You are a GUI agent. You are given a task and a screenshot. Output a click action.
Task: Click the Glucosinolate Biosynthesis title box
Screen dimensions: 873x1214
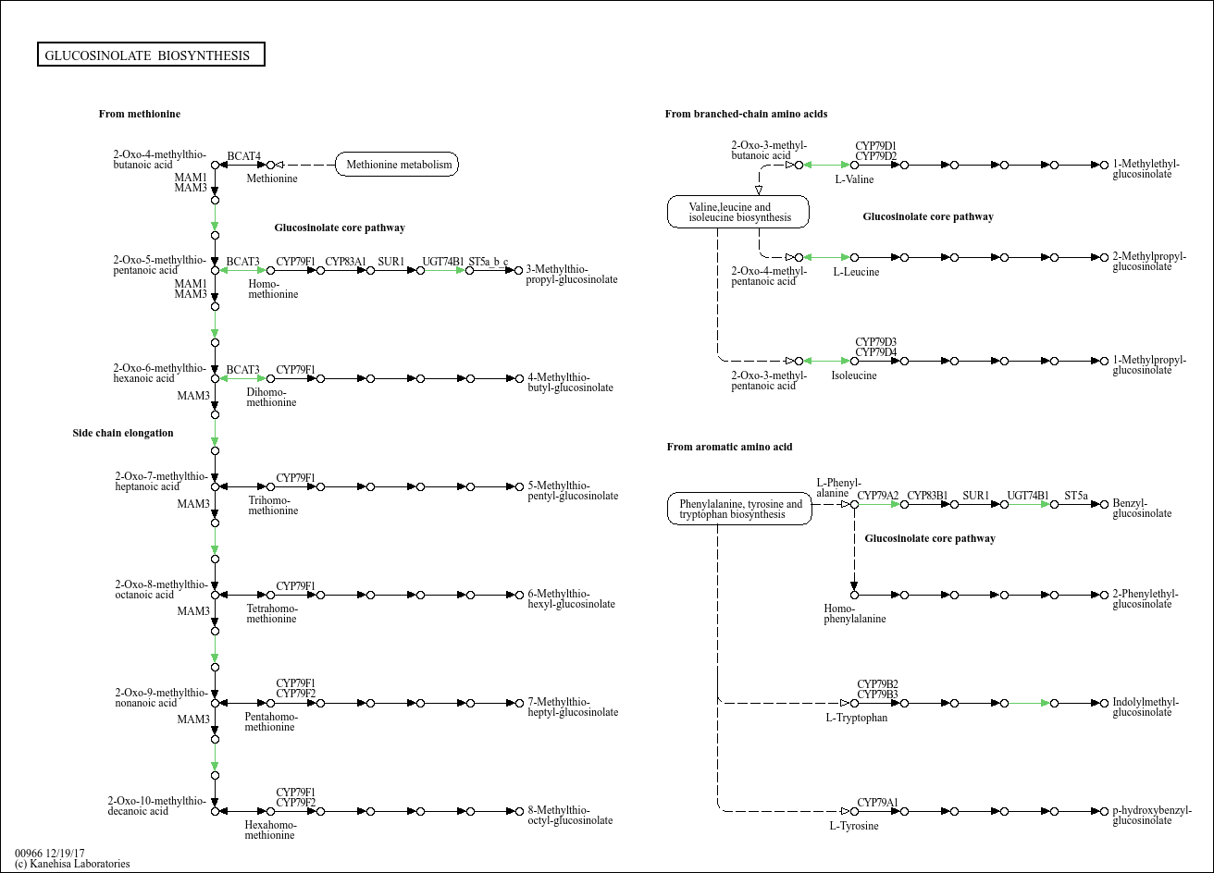[x=151, y=55]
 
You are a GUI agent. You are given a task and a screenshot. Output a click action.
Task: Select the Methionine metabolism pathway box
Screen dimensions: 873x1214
[x=398, y=166]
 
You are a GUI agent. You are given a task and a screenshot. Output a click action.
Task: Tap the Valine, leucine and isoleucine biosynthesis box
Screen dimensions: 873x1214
[x=738, y=212]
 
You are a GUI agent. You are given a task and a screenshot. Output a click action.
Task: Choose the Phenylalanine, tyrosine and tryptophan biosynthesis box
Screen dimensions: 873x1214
[x=739, y=509]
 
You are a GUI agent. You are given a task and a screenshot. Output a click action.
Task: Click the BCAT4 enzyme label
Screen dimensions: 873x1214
[x=243, y=155]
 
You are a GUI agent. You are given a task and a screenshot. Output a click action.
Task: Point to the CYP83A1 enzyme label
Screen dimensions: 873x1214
[x=345, y=262]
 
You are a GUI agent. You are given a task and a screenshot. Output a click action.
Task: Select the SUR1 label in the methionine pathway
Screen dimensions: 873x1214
[x=390, y=262]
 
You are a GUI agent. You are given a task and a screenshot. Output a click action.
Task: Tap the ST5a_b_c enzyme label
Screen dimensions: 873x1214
[x=489, y=262]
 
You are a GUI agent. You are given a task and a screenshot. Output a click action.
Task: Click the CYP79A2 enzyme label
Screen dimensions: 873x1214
[x=877, y=496]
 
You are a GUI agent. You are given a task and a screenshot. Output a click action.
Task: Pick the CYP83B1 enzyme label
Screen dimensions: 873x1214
[x=927, y=496]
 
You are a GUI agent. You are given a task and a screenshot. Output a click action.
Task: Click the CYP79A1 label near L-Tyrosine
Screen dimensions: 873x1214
[x=877, y=803]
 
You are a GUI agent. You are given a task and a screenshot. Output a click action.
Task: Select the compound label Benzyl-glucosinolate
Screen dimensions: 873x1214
[x=1142, y=509]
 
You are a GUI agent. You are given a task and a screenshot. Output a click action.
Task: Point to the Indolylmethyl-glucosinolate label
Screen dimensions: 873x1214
[x=1146, y=707]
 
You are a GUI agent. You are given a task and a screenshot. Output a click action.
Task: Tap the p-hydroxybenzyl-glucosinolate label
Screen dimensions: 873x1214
[x=1151, y=815]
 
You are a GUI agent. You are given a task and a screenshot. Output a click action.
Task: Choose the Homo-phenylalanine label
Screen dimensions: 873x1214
[x=854, y=613]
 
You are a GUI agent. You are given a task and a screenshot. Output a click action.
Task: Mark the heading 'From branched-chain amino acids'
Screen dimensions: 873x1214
[x=746, y=114]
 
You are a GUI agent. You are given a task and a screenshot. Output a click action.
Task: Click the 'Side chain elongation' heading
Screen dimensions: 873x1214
[x=123, y=433]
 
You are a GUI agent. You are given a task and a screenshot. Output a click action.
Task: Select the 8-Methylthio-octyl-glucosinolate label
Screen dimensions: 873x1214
[x=570, y=815]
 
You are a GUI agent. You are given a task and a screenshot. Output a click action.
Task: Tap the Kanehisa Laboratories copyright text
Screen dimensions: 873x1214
[x=72, y=864]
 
